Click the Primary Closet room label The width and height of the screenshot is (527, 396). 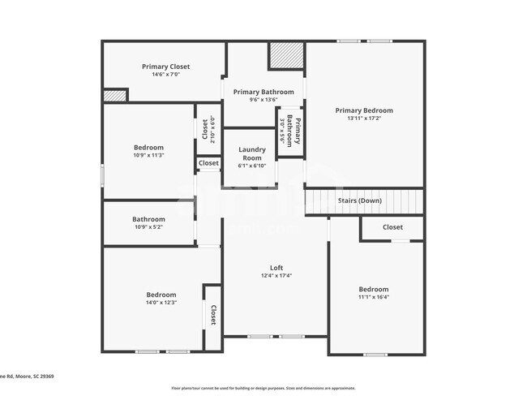coord(165,67)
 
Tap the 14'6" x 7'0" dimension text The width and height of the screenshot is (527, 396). coord(165,75)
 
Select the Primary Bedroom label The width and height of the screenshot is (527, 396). coord(364,110)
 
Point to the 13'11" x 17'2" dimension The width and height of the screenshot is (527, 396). coord(364,118)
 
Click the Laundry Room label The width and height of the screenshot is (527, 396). coord(251,153)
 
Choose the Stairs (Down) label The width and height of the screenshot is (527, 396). coord(359,200)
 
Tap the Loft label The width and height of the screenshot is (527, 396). coord(276,268)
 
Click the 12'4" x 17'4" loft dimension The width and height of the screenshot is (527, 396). coord(276,276)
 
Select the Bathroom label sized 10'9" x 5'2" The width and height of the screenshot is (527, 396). coord(148,219)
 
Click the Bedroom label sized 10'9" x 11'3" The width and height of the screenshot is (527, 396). coord(148,148)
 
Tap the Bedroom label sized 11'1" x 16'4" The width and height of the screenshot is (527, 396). coord(373,289)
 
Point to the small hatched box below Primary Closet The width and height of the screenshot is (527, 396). coord(114,96)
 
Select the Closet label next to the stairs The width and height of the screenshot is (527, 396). coord(392,227)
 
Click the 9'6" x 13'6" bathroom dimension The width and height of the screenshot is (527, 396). coord(263,101)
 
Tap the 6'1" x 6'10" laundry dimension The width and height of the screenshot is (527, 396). coord(251,166)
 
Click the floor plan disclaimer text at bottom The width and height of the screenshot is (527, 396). coord(263,388)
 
